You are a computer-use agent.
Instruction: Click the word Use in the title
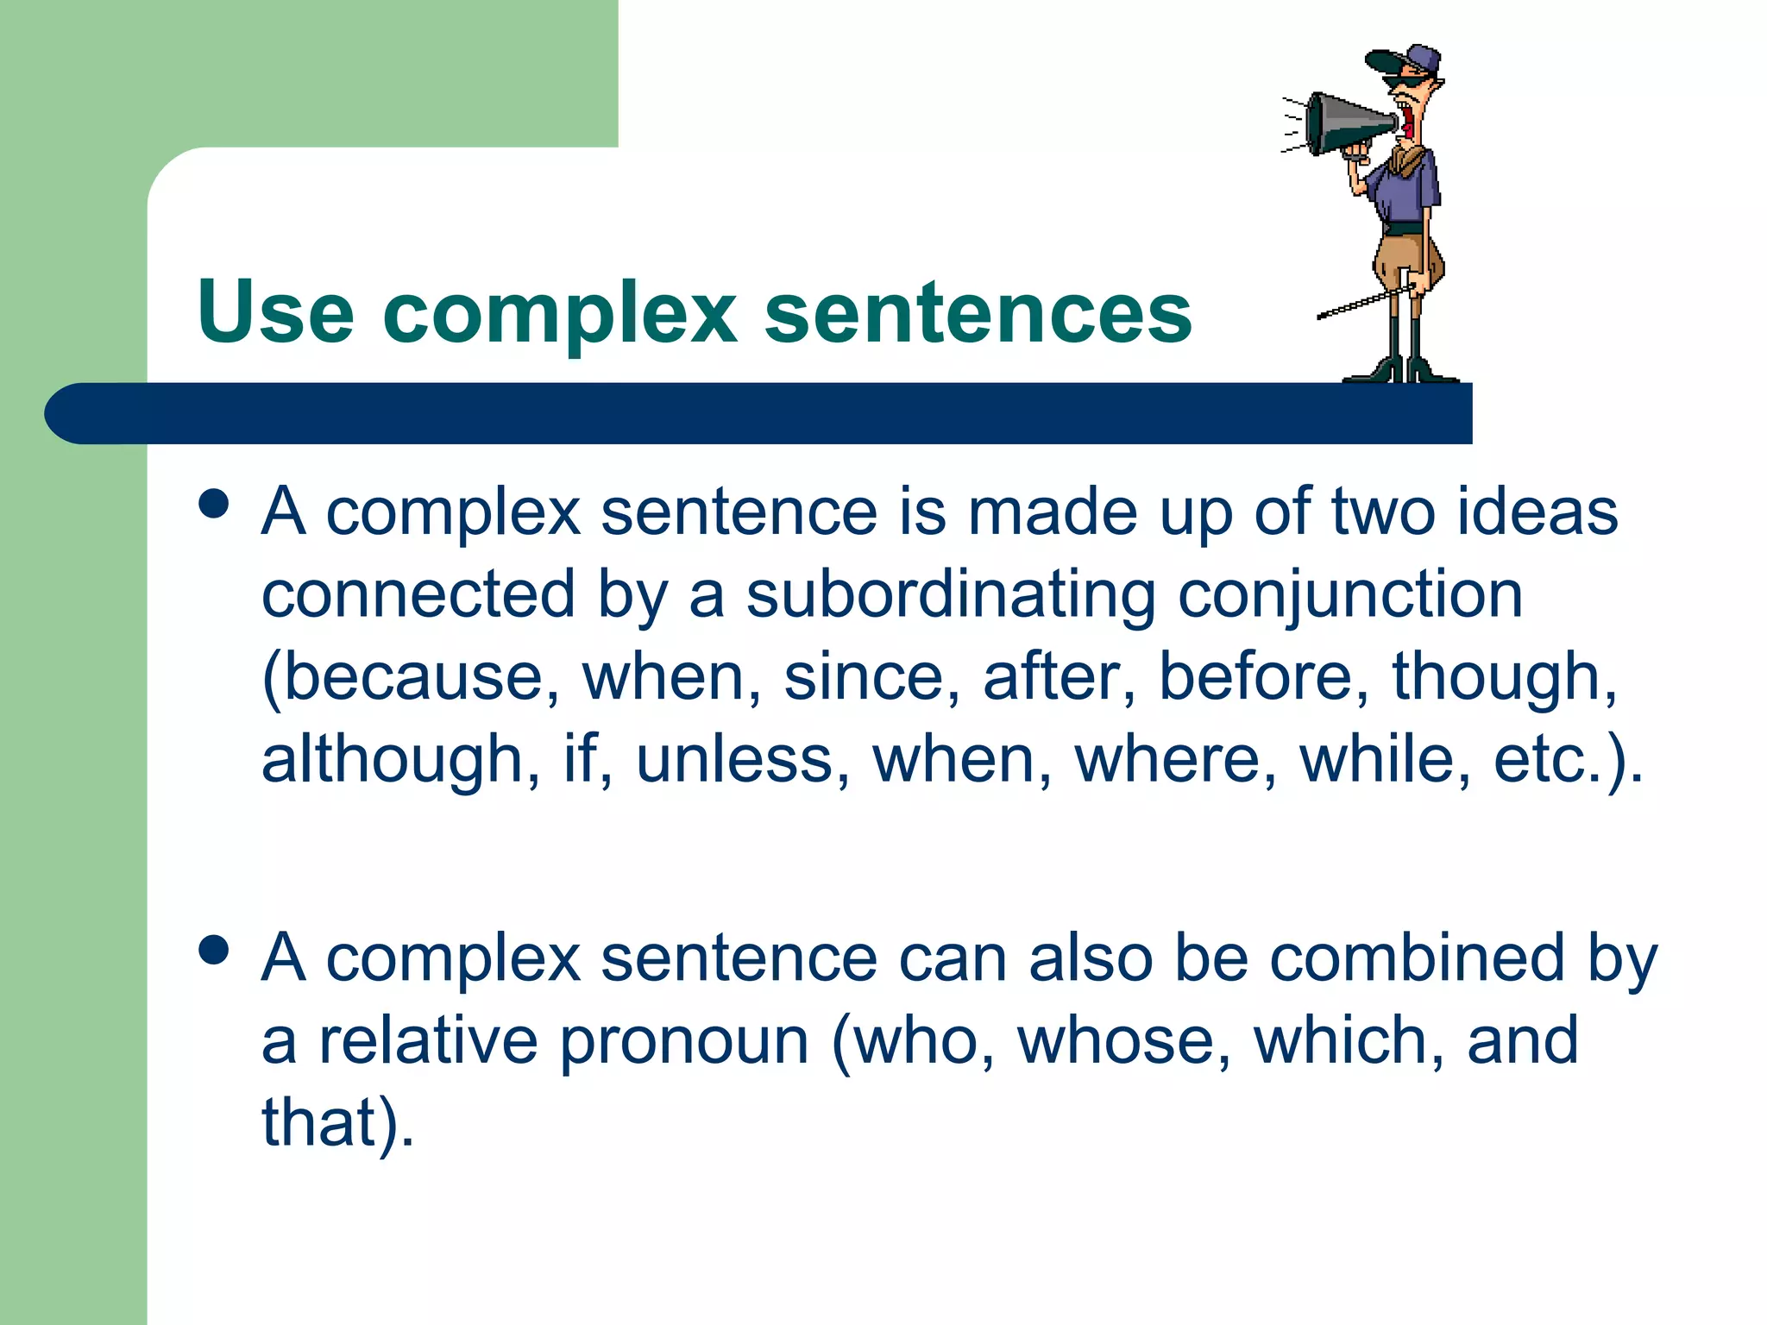tap(275, 311)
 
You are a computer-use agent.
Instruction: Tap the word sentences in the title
tap(978, 311)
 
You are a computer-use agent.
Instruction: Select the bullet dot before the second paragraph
tap(213, 950)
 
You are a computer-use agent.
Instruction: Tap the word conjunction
tap(1350, 594)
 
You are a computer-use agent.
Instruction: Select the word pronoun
tap(685, 1040)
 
